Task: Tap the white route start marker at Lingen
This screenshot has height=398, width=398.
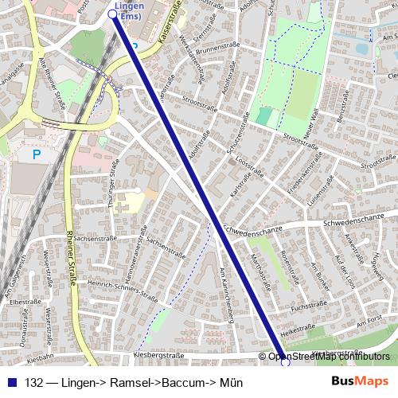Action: click(112, 14)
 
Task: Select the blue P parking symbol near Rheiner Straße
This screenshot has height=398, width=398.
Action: click(36, 154)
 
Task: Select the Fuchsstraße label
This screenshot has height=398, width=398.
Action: click(310, 305)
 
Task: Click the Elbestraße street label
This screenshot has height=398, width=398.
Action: click(24, 302)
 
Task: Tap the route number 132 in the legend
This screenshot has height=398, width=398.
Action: click(34, 383)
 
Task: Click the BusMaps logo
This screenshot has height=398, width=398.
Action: click(360, 381)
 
